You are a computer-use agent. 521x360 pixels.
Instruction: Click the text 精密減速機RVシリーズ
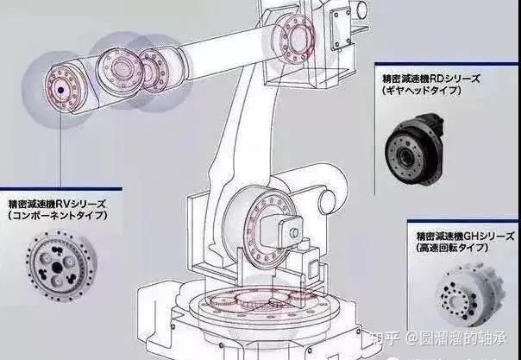pos(57,204)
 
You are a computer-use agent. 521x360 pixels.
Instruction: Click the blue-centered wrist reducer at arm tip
pos(61,89)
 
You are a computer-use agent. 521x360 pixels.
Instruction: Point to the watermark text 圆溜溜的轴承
pos(469,339)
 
